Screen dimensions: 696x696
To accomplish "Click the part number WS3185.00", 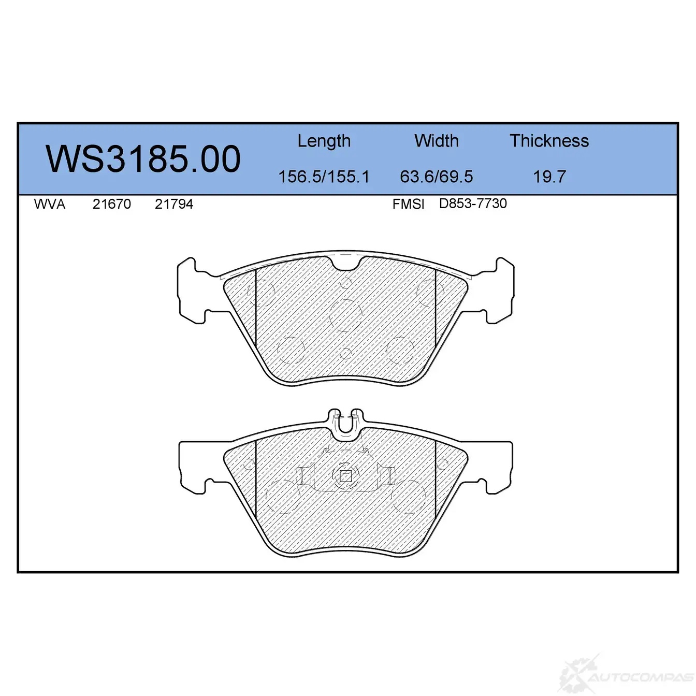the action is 143,159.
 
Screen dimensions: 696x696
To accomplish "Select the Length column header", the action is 324,141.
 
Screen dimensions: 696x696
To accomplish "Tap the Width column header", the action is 437,140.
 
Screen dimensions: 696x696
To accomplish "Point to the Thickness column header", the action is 549,140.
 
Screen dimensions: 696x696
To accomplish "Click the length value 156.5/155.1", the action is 324,177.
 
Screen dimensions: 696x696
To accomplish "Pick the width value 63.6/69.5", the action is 437,177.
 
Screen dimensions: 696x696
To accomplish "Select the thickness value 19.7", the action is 549,177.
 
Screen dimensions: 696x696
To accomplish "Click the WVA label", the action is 50,205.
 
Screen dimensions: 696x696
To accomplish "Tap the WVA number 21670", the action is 112,205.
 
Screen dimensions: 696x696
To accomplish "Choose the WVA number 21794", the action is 173,205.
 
